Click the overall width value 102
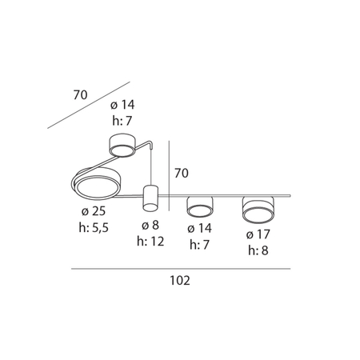180,281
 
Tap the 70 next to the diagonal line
80,95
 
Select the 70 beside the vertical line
182,173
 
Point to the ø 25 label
94,211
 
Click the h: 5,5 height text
94,228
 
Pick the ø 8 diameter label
150,225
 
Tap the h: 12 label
150,242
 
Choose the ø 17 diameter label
258,234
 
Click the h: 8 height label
258,250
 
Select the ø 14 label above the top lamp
122,105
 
